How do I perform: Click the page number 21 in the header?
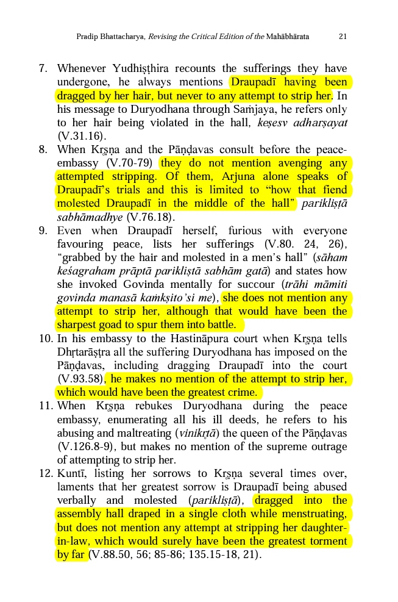(x=343, y=37)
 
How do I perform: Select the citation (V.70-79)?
(x=130, y=163)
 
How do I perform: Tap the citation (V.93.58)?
(x=80, y=379)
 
